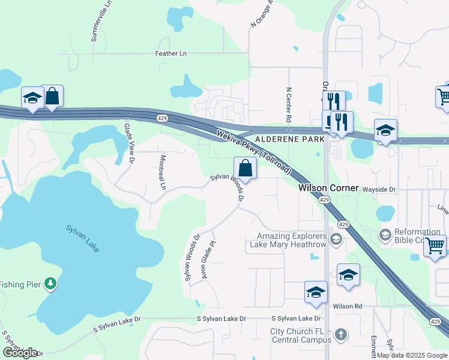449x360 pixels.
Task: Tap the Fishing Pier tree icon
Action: pos(52,283)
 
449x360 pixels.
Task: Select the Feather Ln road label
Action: pos(170,53)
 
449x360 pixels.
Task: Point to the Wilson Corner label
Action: pos(329,188)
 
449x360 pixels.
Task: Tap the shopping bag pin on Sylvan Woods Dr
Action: pos(245,167)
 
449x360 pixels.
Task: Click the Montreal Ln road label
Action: pos(162,172)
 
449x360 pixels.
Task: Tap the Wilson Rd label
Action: pos(348,307)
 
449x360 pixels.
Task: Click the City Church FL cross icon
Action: pos(340,334)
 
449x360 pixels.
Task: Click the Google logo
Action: pos(20,352)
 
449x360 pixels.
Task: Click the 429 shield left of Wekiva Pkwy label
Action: pos(162,118)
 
